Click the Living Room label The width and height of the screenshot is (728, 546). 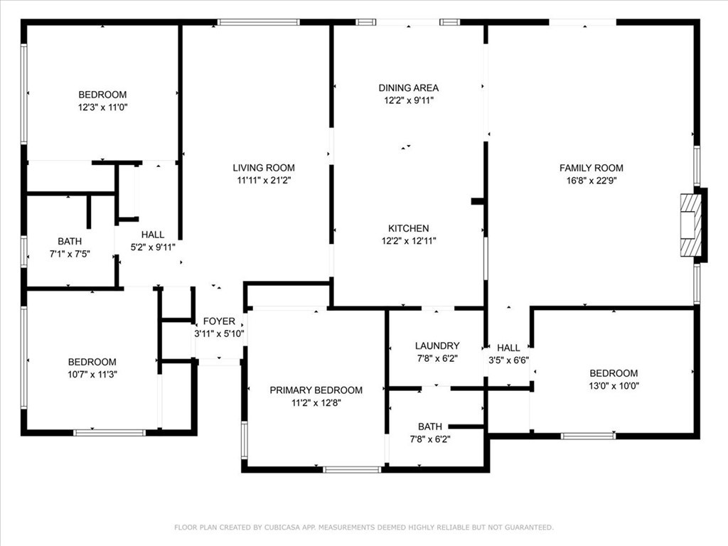[264, 168]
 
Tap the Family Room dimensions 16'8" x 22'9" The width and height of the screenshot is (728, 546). [591, 181]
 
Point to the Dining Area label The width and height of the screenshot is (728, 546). [409, 87]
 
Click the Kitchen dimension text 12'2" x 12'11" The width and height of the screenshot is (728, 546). [409, 240]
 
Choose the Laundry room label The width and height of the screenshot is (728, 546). [437, 346]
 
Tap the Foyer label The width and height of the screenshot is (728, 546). [219, 321]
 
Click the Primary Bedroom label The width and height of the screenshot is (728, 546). [316, 390]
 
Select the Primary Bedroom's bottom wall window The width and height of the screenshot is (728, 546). [352, 469]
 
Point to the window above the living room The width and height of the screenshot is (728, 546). [259, 22]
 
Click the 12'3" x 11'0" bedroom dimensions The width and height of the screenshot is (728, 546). [102, 107]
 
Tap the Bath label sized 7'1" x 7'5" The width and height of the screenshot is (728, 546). [70, 242]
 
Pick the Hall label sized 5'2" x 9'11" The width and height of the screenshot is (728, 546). [153, 235]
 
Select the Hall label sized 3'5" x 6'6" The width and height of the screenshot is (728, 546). [508, 348]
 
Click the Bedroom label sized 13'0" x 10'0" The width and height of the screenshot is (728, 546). [614, 373]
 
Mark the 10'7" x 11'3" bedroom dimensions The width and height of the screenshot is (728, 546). [92, 374]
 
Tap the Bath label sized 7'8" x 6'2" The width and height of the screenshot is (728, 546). [430, 427]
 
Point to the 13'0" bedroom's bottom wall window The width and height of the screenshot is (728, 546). [588, 436]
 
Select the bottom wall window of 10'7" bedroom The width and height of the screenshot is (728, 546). [109, 433]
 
